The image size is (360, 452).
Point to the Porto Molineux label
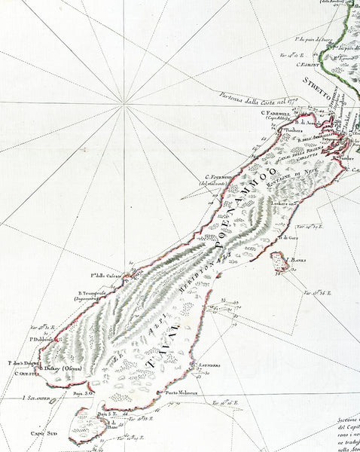(179, 392)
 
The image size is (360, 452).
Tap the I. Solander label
(36, 397)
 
